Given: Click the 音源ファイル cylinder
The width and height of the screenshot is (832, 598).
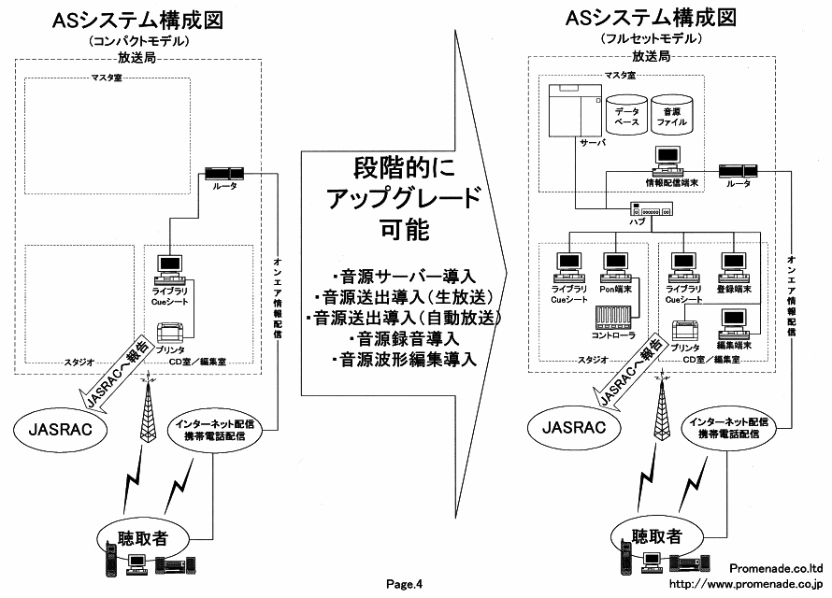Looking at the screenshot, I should pos(674,112).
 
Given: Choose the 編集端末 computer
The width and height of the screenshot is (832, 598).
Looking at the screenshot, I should pos(732,324).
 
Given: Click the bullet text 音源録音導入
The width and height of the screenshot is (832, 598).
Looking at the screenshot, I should pos(401,337).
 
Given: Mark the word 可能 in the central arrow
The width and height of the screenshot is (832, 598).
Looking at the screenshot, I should pos(404,230).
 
